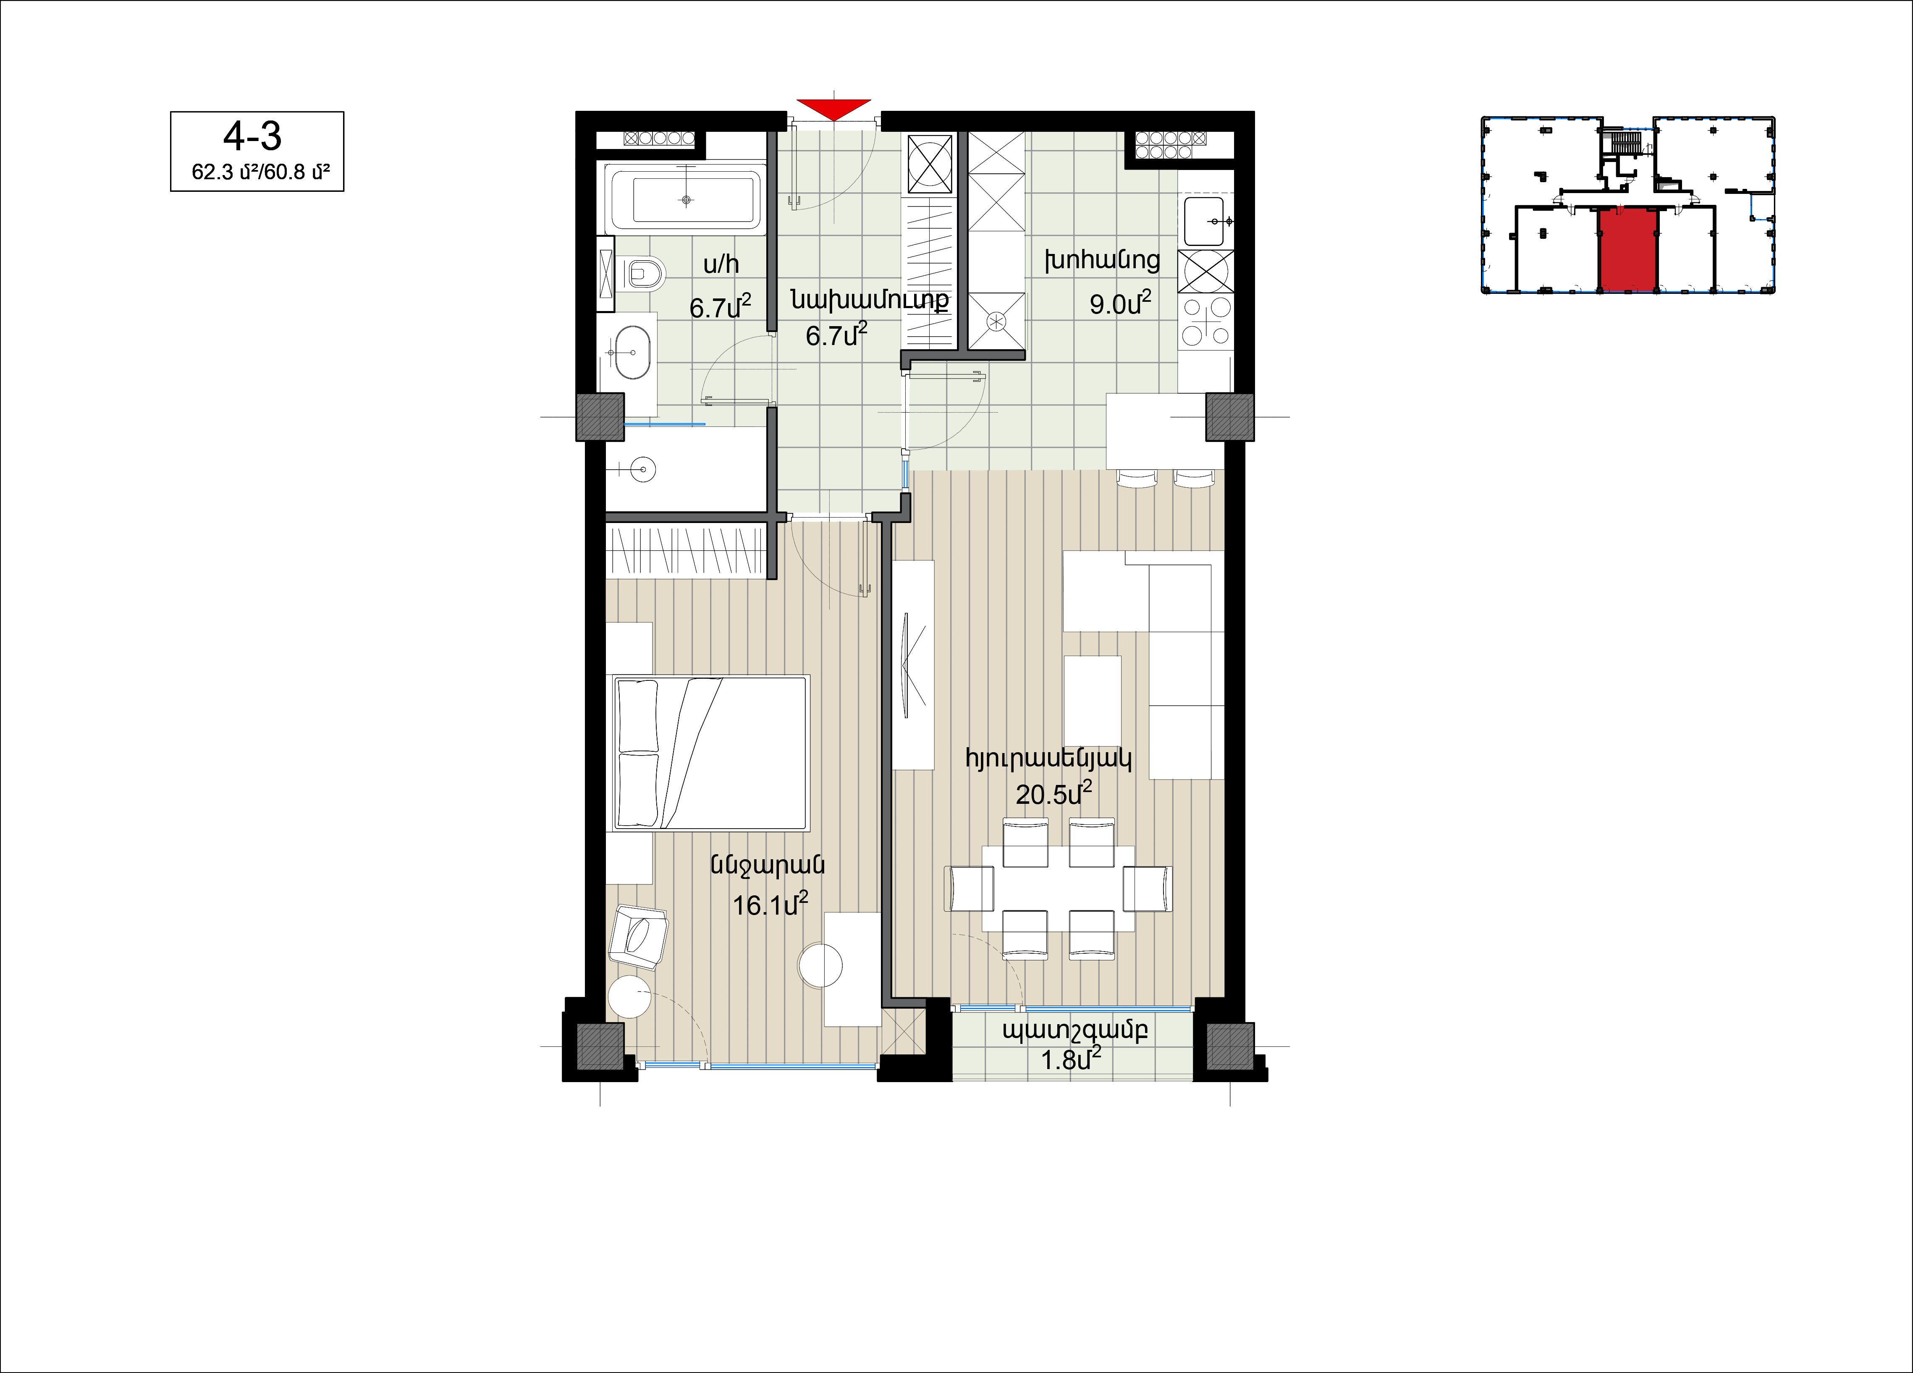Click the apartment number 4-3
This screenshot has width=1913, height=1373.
(x=252, y=136)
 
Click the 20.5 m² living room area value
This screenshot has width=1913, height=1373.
(x=1053, y=793)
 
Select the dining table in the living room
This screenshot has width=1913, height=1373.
(x=1058, y=888)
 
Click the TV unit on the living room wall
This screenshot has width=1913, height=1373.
(x=913, y=664)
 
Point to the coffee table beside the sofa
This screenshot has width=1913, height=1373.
(x=1092, y=700)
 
